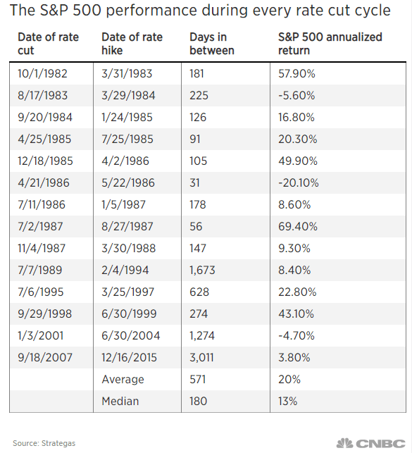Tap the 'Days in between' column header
coord(212,44)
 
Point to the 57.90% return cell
coord(298,73)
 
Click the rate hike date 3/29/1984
coord(130,95)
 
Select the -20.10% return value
coord(299,182)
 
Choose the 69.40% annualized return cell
coord(298,226)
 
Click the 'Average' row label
coord(123,379)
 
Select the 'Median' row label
coord(120,401)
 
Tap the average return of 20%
coord(290,379)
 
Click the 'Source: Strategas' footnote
coord(44,442)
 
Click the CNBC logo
coord(372,442)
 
